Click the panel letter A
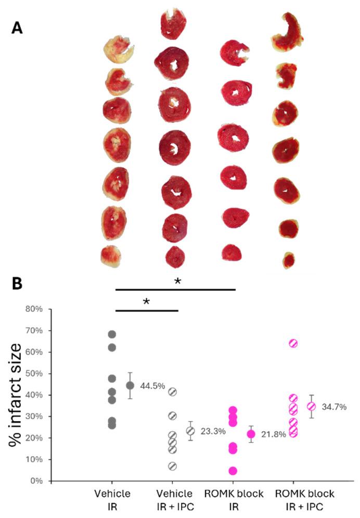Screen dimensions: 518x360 (17, 28)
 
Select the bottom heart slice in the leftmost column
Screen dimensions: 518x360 (111, 256)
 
